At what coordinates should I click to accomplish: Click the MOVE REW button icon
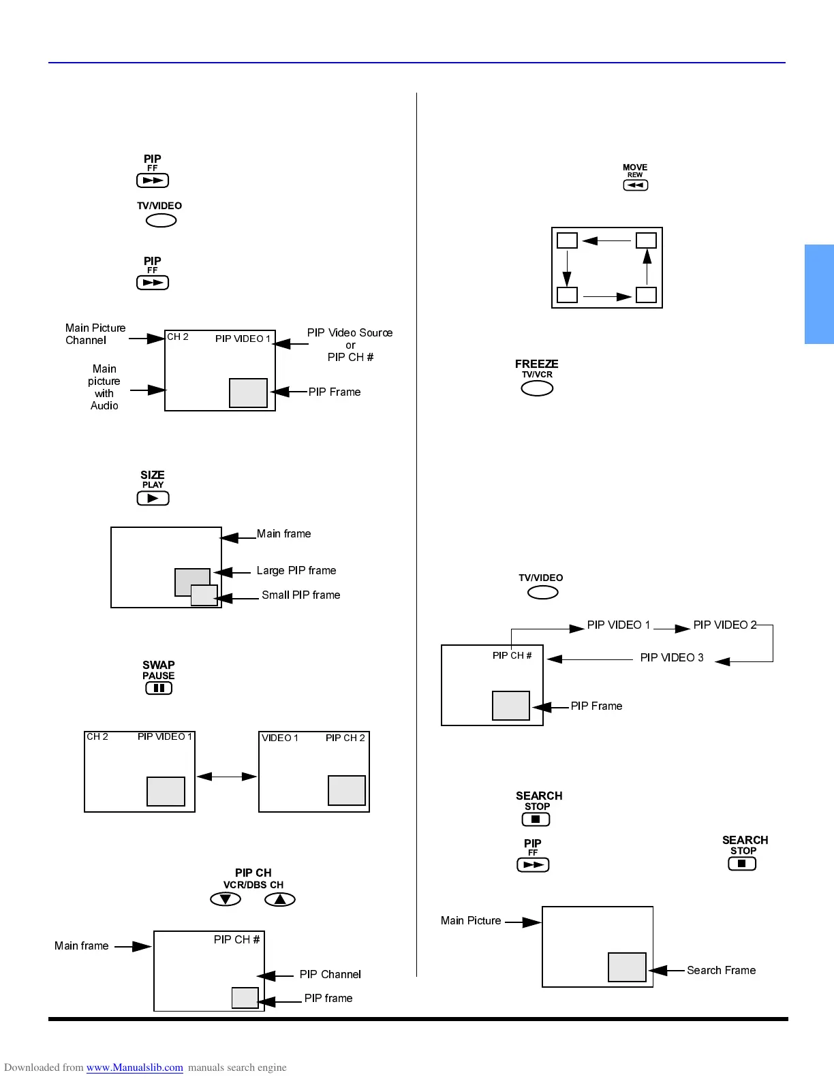point(635,185)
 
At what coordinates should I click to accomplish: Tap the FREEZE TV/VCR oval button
point(537,388)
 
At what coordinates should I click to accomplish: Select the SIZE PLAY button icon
point(153,498)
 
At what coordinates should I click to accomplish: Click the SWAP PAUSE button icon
point(159,688)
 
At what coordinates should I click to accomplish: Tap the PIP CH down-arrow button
point(226,899)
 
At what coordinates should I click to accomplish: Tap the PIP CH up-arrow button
point(280,899)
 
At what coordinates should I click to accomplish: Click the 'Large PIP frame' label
point(296,571)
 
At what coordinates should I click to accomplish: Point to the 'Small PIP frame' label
point(301,595)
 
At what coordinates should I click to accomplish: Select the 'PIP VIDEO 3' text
point(672,658)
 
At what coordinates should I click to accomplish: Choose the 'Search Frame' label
point(721,971)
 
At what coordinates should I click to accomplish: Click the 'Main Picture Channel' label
point(95,334)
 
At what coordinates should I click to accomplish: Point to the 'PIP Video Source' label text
point(350,333)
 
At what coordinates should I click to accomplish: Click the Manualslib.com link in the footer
point(135,1067)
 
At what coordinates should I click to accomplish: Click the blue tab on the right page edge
point(819,294)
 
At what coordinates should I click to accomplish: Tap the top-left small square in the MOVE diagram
point(567,240)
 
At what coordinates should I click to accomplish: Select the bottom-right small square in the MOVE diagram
point(646,295)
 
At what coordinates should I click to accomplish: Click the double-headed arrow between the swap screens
point(227,777)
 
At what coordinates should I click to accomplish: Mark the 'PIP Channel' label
point(330,975)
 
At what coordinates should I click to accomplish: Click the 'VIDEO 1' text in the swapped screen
point(280,738)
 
